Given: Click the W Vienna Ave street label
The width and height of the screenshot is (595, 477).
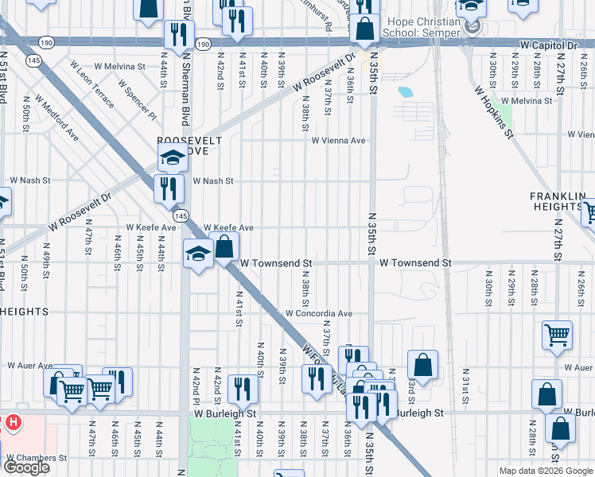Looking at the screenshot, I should point(338,141).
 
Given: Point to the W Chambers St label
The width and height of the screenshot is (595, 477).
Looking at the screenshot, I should point(38,458).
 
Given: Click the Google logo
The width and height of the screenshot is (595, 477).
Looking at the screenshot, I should point(26,467).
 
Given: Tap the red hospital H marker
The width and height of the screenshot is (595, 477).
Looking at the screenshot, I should point(12,423).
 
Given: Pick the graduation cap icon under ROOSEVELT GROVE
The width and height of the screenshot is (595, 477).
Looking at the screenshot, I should point(172,157).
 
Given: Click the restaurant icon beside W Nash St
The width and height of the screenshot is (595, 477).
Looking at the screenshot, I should point(169,189).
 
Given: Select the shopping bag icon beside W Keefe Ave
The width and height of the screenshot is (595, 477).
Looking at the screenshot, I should point(224,247).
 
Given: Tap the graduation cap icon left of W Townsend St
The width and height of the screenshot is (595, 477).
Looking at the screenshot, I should point(198,254).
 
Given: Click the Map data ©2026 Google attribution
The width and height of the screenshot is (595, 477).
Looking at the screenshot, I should point(546,471).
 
